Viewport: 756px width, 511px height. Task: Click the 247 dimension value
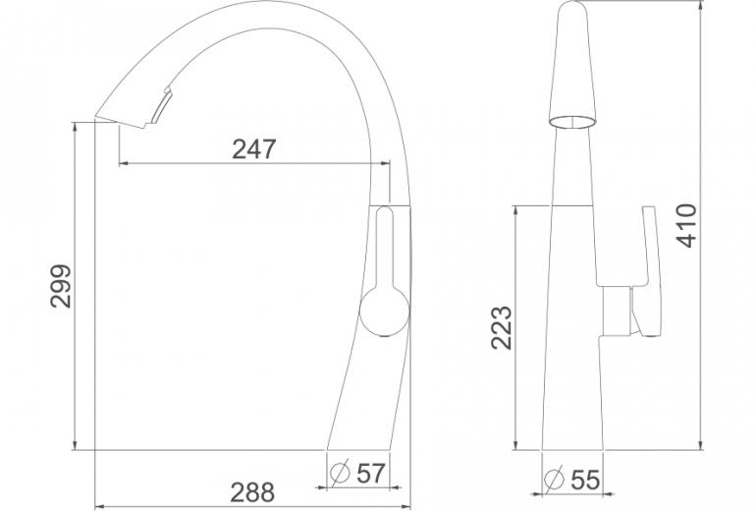coord(253,149)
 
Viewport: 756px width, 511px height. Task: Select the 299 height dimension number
coord(61,286)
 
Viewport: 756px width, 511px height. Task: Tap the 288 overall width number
coord(252,492)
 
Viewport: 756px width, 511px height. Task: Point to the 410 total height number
coord(686,225)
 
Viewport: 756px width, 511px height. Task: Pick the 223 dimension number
coord(502,327)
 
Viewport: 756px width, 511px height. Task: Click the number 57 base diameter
coord(371,474)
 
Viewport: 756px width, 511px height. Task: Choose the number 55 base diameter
coord(585,480)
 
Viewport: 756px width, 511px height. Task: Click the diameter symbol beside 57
coord(340,473)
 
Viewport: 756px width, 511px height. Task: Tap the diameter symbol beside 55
coord(554,479)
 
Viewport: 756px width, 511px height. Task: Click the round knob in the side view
coord(385,311)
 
